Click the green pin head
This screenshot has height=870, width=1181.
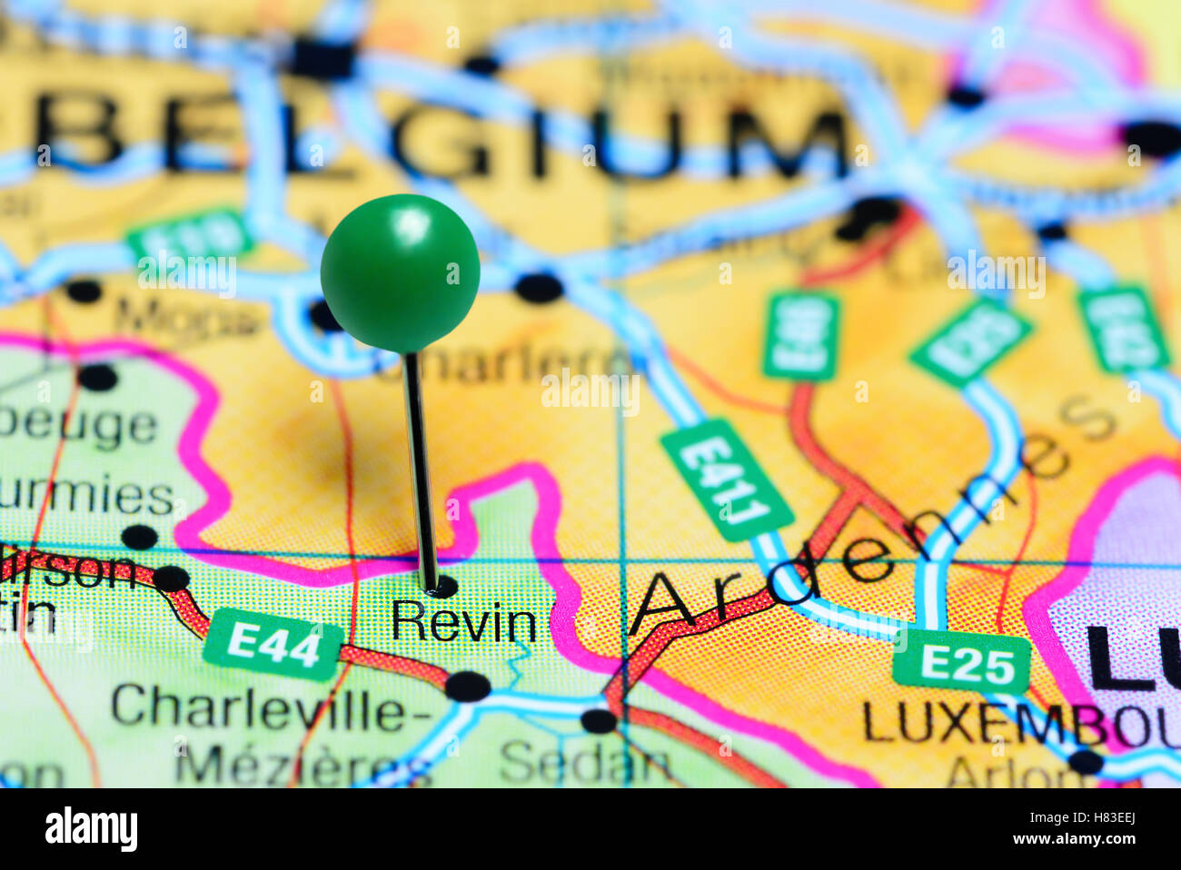400,272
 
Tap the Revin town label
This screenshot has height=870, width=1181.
463,623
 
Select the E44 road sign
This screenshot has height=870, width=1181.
273,645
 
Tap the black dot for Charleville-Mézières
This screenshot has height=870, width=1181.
468,686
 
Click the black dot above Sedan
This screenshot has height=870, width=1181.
599,720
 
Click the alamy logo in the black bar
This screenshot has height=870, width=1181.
91,829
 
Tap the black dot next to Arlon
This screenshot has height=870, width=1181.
1086,761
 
